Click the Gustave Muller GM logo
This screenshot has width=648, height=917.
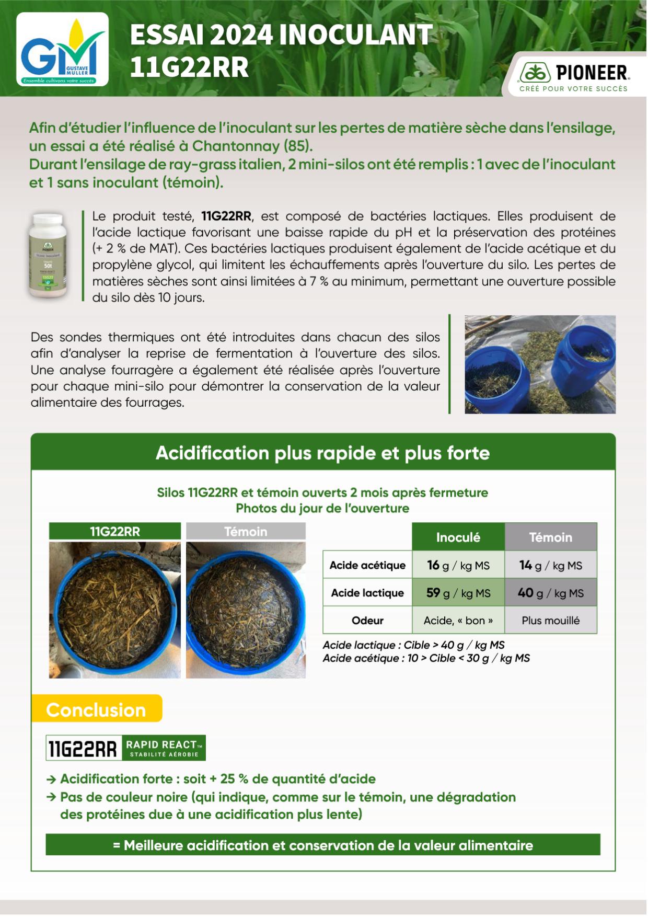[x=62, y=50]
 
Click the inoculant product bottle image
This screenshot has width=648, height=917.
[x=48, y=255]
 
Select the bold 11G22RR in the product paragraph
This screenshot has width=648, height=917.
[x=226, y=216]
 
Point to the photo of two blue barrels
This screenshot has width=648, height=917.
[x=540, y=364]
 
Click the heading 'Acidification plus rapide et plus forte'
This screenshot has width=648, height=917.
[x=322, y=453]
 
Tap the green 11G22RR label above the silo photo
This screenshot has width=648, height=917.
[x=115, y=532]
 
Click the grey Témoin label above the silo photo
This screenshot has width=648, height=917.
[x=246, y=532]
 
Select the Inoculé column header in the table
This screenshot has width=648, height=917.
[x=458, y=537]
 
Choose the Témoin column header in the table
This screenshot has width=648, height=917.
[x=550, y=537]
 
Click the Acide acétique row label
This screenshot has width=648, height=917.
[x=367, y=565]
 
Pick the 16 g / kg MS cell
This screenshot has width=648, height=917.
[x=458, y=565]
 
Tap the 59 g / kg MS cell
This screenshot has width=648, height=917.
[x=458, y=593]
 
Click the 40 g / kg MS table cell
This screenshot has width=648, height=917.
[x=550, y=593]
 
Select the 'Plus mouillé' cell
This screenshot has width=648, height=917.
[x=550, y=621]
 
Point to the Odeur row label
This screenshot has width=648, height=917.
[x=367, y=621]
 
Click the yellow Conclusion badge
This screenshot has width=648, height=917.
[x=97, y=709]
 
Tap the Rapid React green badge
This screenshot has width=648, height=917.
[x=164, y=748]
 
